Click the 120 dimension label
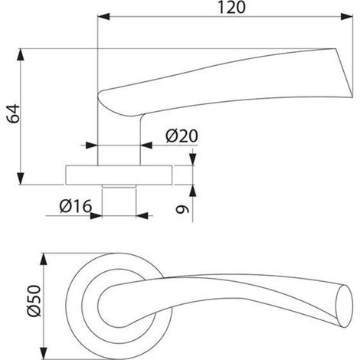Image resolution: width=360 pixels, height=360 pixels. click(x=231, y=7)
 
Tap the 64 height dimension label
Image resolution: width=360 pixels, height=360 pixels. click(x=13, y=113)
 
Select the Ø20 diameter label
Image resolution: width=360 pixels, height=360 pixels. click(x=182, y=136)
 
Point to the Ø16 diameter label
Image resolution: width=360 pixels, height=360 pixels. click(x=75, y=206)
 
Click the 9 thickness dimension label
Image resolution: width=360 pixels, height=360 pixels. click(x=182, y=209)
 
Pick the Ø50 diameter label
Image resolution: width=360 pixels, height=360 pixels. click(x=34, y=301)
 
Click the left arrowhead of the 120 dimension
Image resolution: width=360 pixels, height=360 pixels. click(x=103, y=17)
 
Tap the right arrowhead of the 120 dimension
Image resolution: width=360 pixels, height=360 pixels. click(x=347, y=17)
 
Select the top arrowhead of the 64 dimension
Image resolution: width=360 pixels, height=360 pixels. click(x=21, y=54)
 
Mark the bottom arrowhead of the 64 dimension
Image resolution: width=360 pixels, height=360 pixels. click(x=21, y=178)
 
